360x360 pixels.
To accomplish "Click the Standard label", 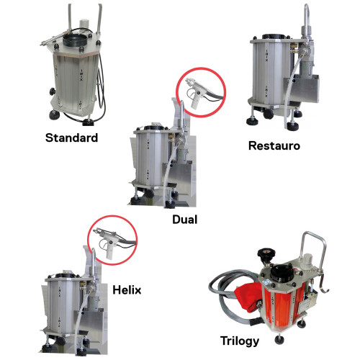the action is (x=71, y=138).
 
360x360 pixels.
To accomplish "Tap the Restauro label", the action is (x=274, y=145).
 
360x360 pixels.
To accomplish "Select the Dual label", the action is (x=185, y=220).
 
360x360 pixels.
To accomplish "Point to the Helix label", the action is (x=127, y=290).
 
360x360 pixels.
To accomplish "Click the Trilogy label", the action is (x=240, y=341).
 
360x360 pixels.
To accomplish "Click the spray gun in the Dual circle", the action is (x=200, y=91).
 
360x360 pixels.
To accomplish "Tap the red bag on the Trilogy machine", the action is (x=248, y=297).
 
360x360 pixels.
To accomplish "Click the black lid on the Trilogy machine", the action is (x=281, y=274).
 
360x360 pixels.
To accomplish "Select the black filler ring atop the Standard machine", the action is (x=75, y=41).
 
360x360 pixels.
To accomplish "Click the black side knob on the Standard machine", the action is (x=53, y=91).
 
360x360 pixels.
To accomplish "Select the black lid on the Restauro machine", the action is (x=274, y=37).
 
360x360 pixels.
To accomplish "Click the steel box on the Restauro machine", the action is (x=302, y=89).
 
